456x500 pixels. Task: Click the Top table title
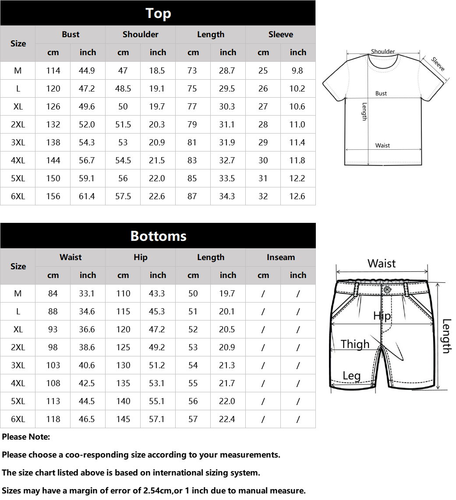tap(158, 14)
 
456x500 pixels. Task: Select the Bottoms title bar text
tap(158, 236)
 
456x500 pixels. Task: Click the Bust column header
tap(71, 35)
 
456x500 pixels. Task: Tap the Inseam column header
tap(281, 257)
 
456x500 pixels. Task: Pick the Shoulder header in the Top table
tap(141, 35)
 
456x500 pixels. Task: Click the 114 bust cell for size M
tap(53, 71)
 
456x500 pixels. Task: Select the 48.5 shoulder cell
tap(123, 89)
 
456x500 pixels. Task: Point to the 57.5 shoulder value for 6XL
tap(123, 197)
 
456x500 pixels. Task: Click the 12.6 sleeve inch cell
tap(297, 197)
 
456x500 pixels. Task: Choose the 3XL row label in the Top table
tap(18, 143)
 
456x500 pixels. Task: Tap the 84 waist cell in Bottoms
tap(53, 294)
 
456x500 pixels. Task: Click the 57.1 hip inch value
tap(157, 419)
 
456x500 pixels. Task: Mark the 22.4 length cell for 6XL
tap(227, 419)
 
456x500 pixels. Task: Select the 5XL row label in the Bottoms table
tap(18, 401)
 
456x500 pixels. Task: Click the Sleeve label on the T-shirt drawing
tap(438, 64)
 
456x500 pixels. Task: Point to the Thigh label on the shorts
tap(355, 344)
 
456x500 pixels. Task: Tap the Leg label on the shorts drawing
tap(351, 376)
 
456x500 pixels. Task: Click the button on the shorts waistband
tap(387, 289)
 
